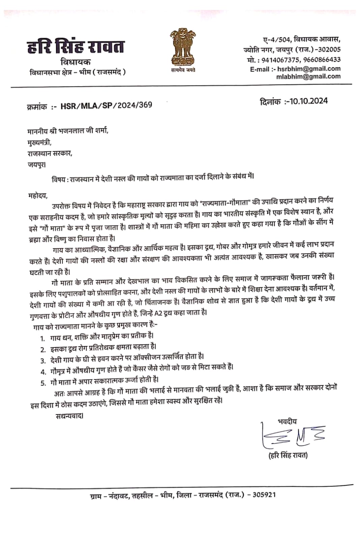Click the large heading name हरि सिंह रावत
coord(76,46)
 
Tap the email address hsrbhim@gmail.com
coord(309,69)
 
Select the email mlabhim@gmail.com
coord(308,76)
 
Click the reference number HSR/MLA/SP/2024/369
coord(106,105)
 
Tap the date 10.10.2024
coord(309,101)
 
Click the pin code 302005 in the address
coord(329,50)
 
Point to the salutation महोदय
coord(38,195)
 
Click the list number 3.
coord(43,361)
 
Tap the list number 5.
coord(43,383)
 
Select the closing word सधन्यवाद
coord(69,416)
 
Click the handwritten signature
coord(292,436)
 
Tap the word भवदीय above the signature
coord(287,421)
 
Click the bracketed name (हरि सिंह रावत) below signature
coord(288,455)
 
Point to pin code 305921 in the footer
coord(264,495)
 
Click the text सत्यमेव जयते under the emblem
coord(183,70)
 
